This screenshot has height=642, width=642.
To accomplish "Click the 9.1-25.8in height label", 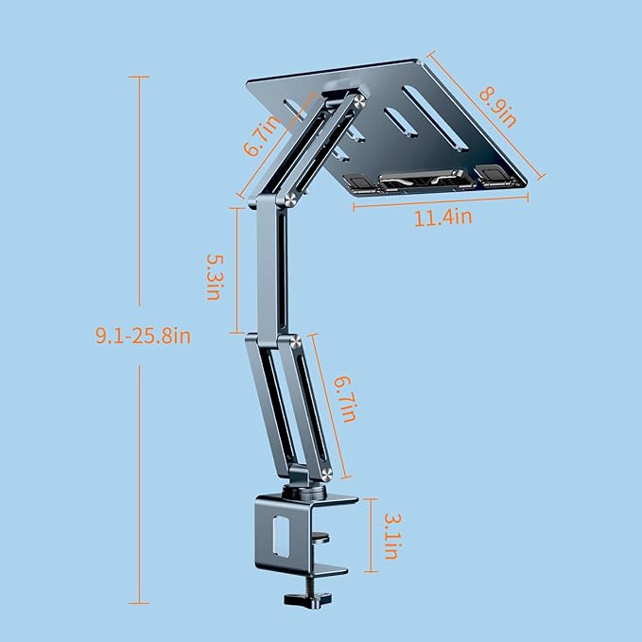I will tap(142, 336).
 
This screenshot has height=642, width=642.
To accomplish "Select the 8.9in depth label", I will tap(495, 105).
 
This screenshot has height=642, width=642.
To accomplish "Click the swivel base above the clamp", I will tap(308, 492).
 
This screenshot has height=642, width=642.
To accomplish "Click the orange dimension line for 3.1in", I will tap(373, 534).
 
